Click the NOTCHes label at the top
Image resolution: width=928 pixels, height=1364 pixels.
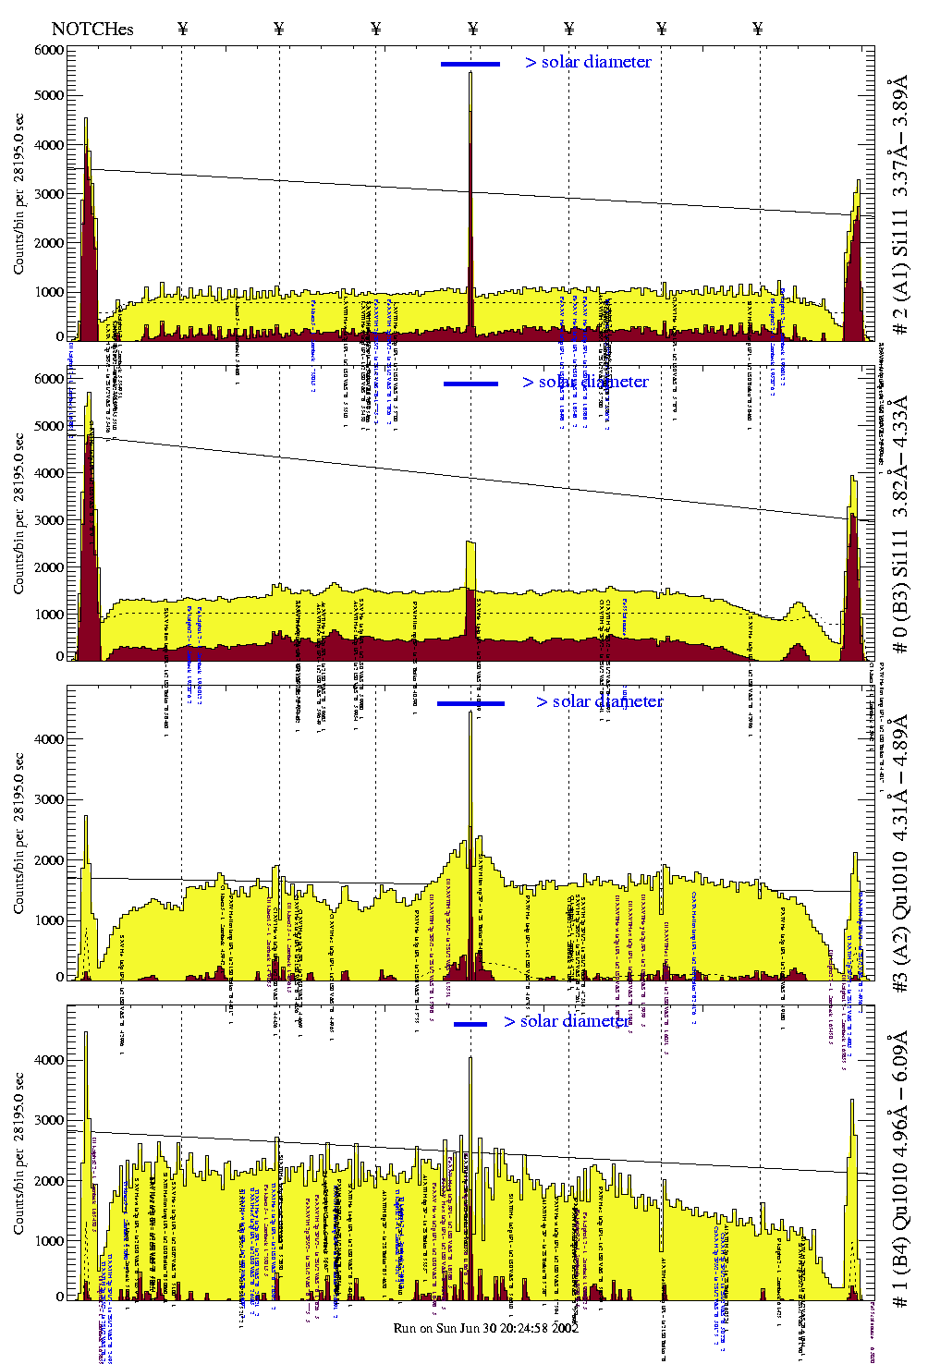pyautogui.click(x=92, y=29)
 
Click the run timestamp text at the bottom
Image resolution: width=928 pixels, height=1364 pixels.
pyautogui.click(x=486, y=1328)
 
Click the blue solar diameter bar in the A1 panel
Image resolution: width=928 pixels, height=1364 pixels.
pyautogui.click(x=470, y=64)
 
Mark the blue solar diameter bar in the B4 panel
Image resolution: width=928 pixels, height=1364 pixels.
pyautogui.click(x=470, y=1024)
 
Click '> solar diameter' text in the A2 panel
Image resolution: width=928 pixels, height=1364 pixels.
pyautogui.click(x=599, y=701)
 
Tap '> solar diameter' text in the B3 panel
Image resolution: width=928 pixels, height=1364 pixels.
pyautogui.click(x=585, y=382)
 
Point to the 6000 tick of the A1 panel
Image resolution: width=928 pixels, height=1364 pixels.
pyautogui.click(x=50, y=50)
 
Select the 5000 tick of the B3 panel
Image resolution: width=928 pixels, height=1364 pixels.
pyautogui.click(x=50, y=426)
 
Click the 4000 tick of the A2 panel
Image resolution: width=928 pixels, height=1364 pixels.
pyautogui.click(x=50, y=739)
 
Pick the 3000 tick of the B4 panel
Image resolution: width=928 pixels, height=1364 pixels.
pyautogui.click(x=50, y=1120)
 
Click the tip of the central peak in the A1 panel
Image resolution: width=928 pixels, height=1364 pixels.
pyautogui.click(x=470, y=73)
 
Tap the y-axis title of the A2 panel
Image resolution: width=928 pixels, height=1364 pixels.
pyautogui.click(x=19, y=832)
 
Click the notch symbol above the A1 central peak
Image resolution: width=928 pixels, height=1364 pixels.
pyautogui.click(x=473, y=29)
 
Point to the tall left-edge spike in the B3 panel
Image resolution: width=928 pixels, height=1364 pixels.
pyautogui.click(x=89, y=395)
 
